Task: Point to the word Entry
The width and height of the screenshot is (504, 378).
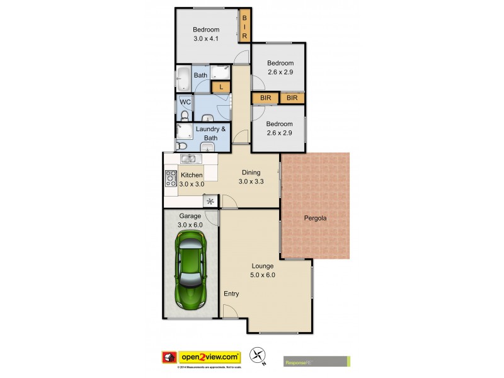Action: click(x=231, y=294)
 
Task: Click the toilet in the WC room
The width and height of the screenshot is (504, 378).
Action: click(x=185, y=115)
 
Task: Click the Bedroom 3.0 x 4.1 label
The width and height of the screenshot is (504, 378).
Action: click(x=206, y=34)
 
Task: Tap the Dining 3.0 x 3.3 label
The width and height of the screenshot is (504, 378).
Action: click(x=251, y=177)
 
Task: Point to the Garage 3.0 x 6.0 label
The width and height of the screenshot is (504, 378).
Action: click(x=190, y=220)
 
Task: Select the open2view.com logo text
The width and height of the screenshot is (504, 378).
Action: click(x=210, y=357)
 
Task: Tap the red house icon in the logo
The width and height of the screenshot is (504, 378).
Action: click(x=168, y=357)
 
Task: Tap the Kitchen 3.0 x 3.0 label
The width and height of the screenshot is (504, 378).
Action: click(x=192, y=180)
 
